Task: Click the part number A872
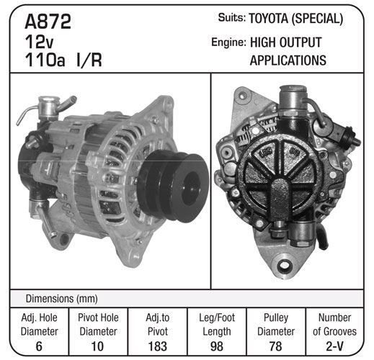[48, 22]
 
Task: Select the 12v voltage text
[39, 42]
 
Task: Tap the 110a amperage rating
[45, 60]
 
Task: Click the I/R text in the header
[89, 60]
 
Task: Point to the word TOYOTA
[268, 19]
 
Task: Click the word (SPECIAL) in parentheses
[318, 19]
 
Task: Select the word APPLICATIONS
[288, 60]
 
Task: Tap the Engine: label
[228, 42]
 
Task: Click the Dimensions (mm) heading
[62, 299]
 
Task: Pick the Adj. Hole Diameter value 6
[39, 346]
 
